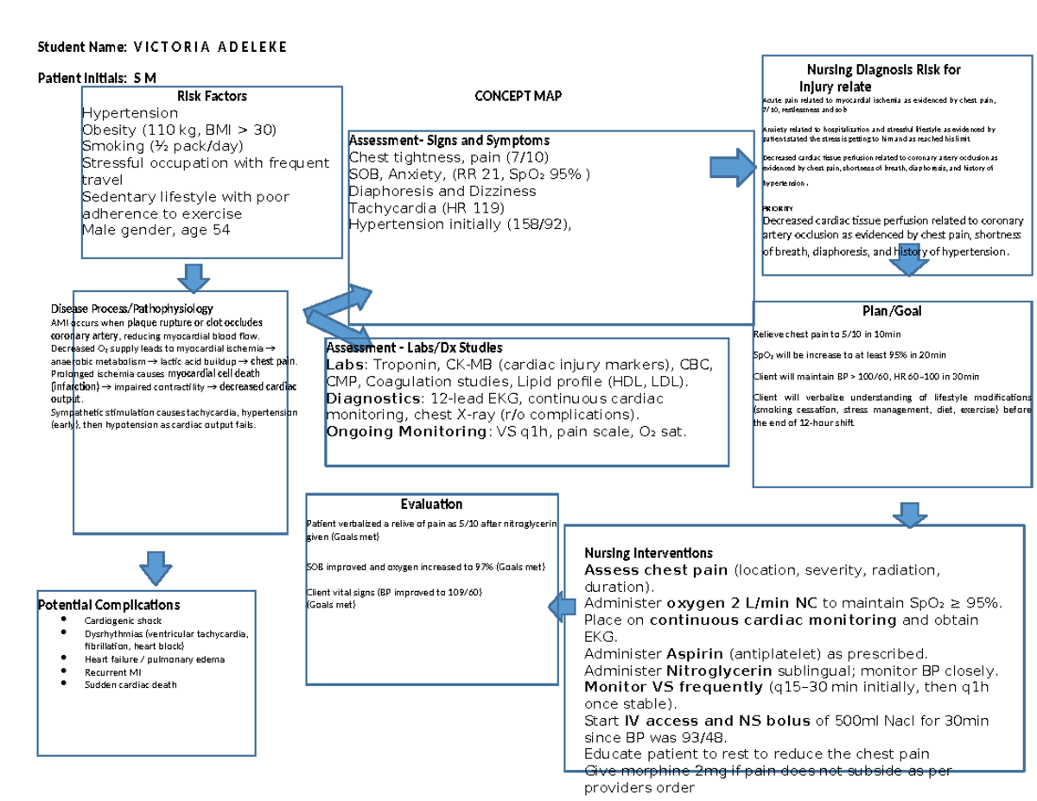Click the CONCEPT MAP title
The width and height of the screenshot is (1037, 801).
[x=518, y=96]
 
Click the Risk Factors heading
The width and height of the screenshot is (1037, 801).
[x=212, y=96]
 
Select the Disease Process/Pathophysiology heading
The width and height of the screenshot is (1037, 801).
[x=131, y=308]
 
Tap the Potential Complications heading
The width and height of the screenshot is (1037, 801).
[x=109, y=605]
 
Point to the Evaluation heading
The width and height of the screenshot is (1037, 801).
[x=431, y=504]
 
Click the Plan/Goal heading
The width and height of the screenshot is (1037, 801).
[x=893, y=310]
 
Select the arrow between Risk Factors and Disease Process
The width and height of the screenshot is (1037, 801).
[x=194, y=277]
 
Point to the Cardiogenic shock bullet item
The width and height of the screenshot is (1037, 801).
[x=123, y=620]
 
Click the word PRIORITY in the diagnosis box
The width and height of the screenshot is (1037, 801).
[x=777, y=208]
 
